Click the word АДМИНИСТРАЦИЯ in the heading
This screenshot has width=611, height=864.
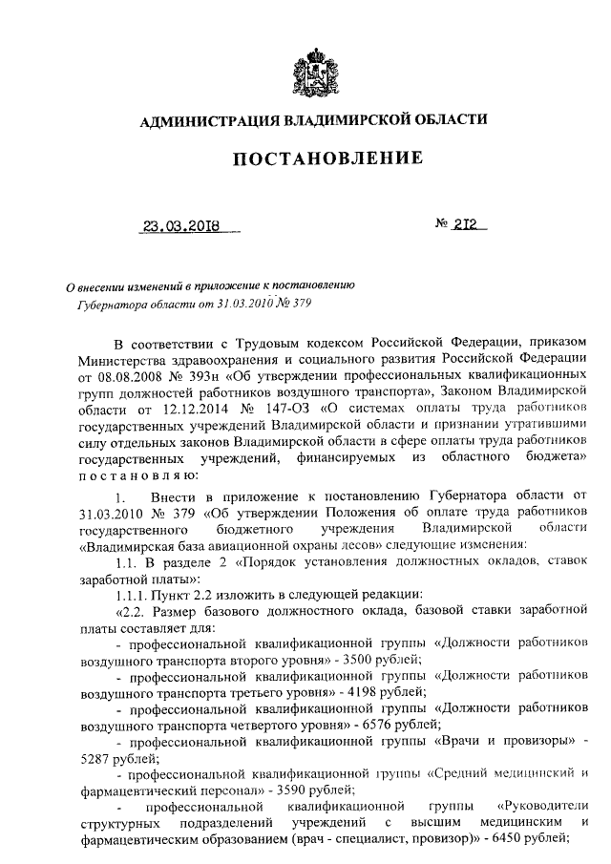pyautogui.click(x=204, y=120)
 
